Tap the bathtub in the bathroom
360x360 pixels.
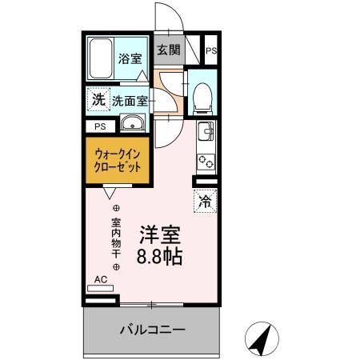(x=102, y=57)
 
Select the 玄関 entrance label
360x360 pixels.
(x=168, y=50)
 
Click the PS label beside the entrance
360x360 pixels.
(x=211, y=51)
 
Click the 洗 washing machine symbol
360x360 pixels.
(x=98, y=100)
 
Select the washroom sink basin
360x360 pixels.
(x=131, y=123)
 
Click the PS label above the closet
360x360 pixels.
(x=100, y=126)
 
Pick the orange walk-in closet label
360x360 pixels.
(x=118, y=161)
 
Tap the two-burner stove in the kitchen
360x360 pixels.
(x=206, y=158)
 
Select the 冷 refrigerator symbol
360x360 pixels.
(x=205, y=201)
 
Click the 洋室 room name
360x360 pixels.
(x=160, y=235)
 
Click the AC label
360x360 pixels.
(x=101, y=279)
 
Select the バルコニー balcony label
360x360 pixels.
(x=153, y=330)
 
